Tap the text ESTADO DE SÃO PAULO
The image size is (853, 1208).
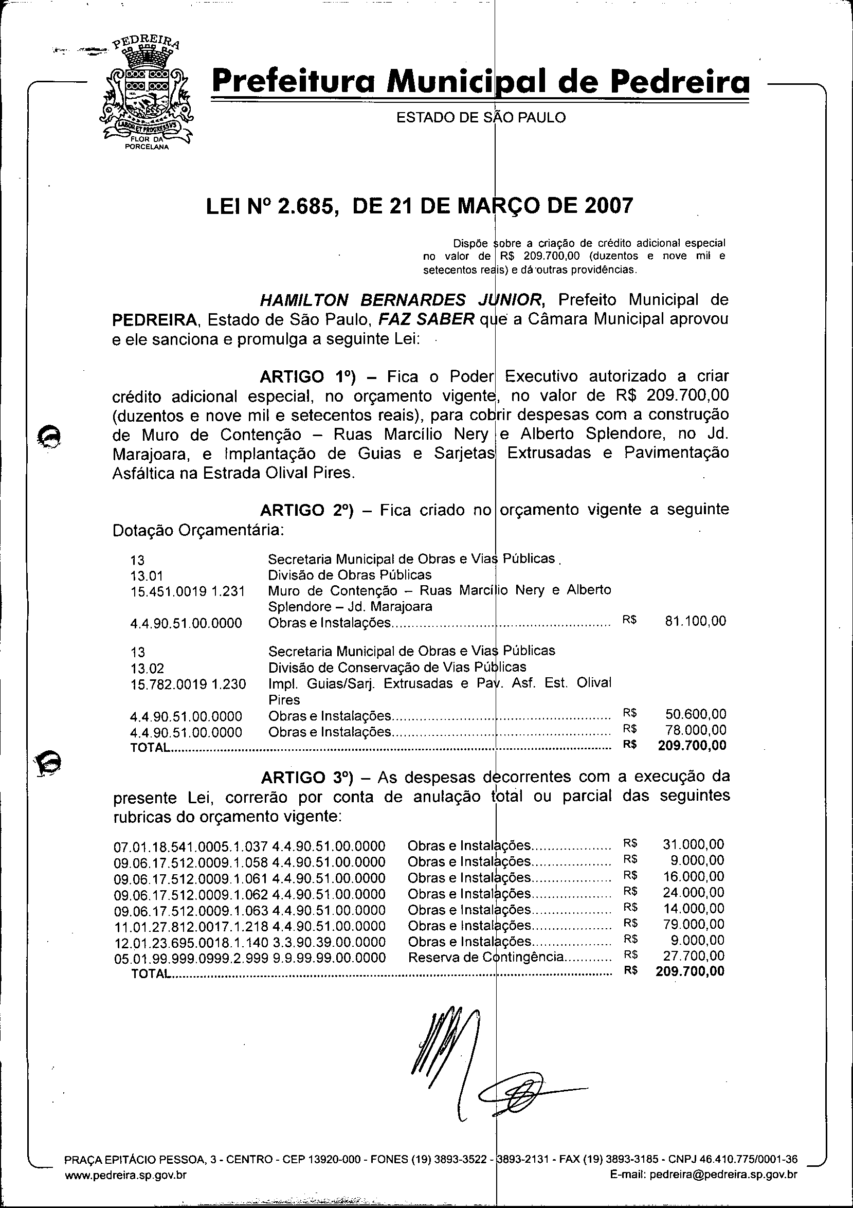tap(481, 117)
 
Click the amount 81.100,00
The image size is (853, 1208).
tap(695, 621)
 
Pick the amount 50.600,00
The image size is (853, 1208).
tap(695, 714)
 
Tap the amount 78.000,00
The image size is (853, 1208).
tap(695, 730)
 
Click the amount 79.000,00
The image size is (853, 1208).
tap(693, 925)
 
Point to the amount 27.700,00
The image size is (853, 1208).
tap(693, 956)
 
